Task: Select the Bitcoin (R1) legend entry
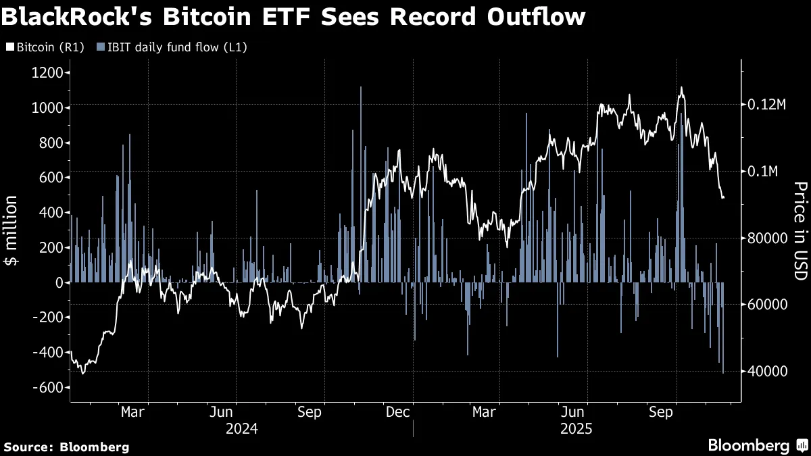42,47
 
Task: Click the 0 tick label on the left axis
58,282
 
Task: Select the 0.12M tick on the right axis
767,105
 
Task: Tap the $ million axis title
12,231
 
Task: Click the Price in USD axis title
800,231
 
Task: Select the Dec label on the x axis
397,411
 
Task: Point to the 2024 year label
241,428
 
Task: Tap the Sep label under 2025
662,411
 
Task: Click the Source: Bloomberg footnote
66,447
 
